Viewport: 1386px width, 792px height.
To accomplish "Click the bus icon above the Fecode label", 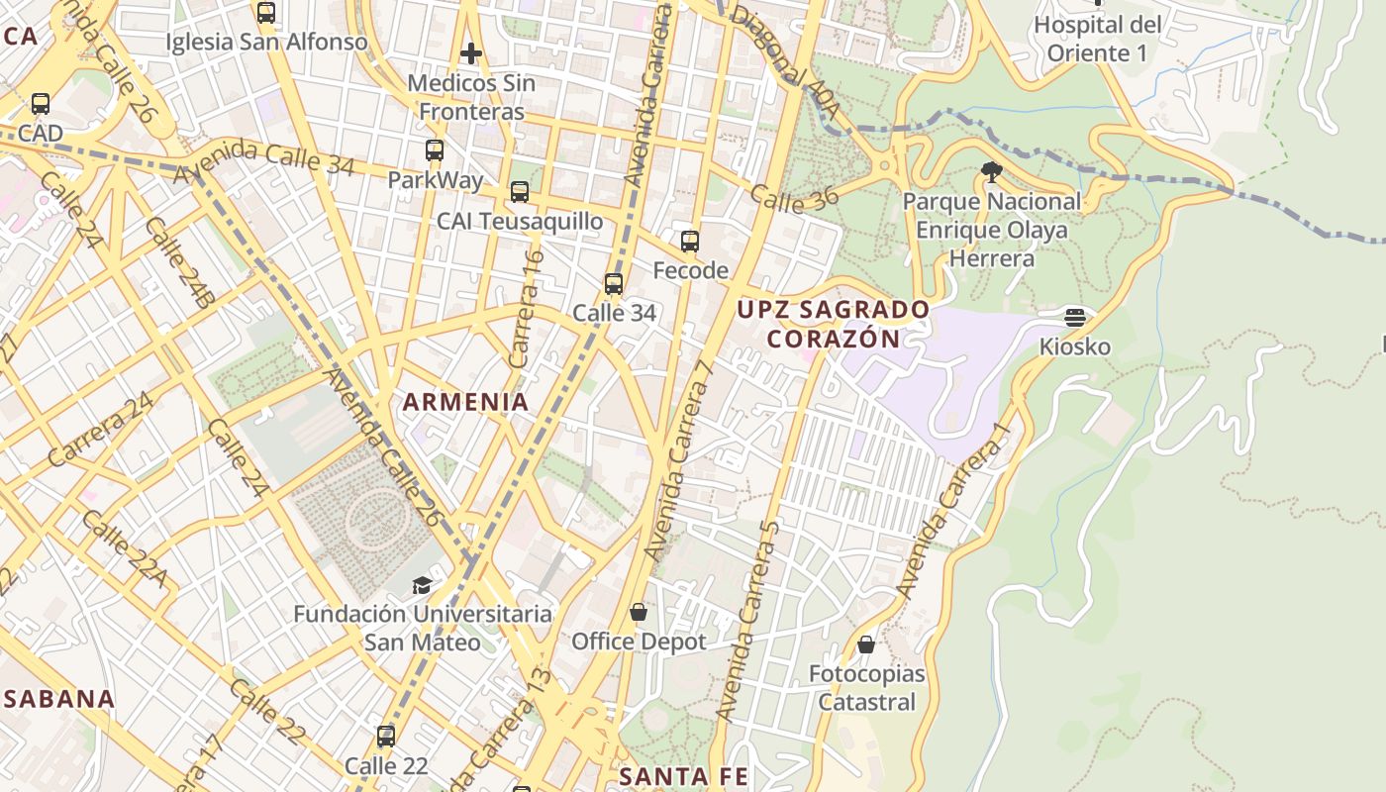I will click(x=690, y=241).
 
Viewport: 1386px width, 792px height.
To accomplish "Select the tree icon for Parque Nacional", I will click(x=991, y=172).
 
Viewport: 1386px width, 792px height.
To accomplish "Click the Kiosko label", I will click(x=1075, y=347).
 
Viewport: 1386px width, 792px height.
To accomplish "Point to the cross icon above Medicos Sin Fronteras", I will click(x=471, y=52).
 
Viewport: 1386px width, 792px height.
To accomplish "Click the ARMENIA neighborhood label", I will click(x=465, y=402).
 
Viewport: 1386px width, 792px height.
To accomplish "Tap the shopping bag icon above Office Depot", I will click(x=639, y=612).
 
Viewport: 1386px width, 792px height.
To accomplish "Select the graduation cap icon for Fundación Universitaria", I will click(x=422, y=584).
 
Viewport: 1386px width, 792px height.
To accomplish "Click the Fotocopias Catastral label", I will click(x=866, y=688).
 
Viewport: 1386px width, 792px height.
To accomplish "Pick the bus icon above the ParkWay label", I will click(x=435, y=150).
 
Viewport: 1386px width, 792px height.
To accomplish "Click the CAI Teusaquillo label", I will click(x=520, y=221).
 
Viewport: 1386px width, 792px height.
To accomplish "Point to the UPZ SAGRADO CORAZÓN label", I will click(x=833, y=324).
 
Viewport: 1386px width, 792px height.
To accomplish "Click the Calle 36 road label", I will click(x=794, y=197).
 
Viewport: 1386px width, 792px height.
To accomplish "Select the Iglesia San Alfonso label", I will click(x=266, y=42).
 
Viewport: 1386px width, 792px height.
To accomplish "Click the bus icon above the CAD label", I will click(x=41, y=103).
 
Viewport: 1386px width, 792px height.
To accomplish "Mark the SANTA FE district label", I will click(x=683, y=776).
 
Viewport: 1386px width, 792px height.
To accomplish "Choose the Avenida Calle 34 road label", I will click(x=264, y=159).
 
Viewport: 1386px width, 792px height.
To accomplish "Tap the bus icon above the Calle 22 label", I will click(x=386, y=737).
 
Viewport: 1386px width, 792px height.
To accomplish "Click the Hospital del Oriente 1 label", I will click(x=1097, y=39).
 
